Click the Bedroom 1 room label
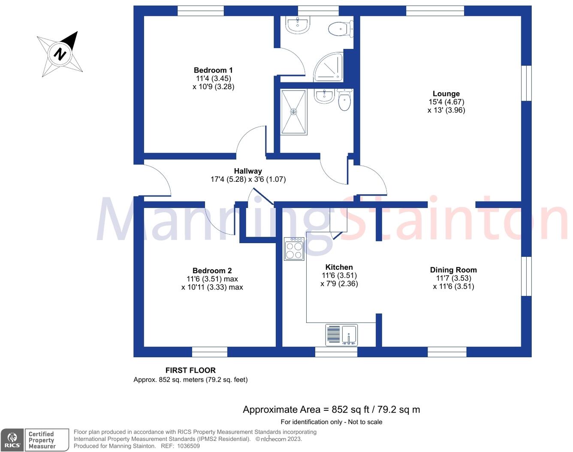[x=213, y=70]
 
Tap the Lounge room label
[x=446, y=94]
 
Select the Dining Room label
[x=453, y=270]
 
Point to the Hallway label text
[x=248, y=171]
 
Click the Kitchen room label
[x=339, y=267]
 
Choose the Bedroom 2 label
[x=212, y=271]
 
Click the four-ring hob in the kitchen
[x=294, y=249]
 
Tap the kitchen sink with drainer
[x=341, y=335]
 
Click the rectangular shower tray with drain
[x=294, y=112]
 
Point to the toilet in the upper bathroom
[x=340, y=29]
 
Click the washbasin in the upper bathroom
[x=297, y=25]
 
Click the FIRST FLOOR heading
[x=190, y=370]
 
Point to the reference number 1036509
[x=186, y=446]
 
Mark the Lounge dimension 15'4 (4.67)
[x=446, y=102]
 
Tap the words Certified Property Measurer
[x=42, y=440]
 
